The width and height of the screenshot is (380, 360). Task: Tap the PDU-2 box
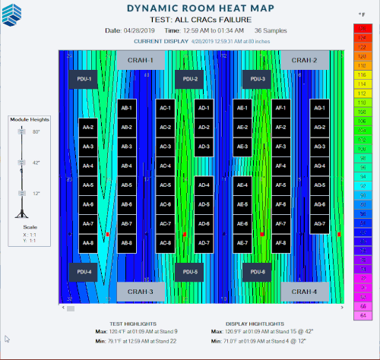(190, 79)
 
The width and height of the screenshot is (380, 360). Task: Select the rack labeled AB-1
(126, 108)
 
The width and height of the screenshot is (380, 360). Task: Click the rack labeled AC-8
(165, 243)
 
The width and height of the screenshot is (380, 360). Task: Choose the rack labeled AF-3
(280, 147)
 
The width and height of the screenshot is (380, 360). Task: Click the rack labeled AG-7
(319, 224)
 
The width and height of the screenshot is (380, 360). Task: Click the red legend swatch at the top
(361, 28)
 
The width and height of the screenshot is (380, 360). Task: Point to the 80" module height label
(36, 131)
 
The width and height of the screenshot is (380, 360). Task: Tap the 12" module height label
(36, 194)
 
